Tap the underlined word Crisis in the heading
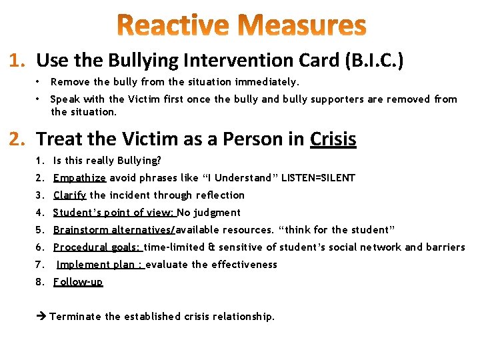pos(333,139)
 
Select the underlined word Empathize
pos(79,178)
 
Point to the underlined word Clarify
pos(70,195)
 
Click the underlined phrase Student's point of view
pos(114,213)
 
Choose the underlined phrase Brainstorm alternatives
pos(114,230)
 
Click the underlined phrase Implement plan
pos(101,265)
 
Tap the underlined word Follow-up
pos(78,282)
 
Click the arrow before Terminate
pos(42,317)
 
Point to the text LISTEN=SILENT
pos(319,178)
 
